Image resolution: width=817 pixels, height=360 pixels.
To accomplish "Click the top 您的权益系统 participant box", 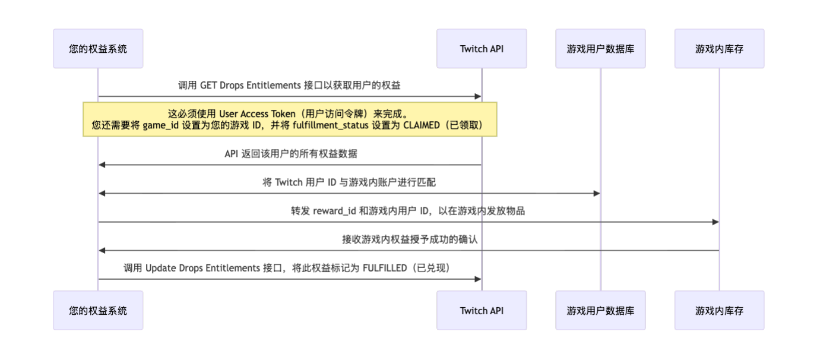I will [x=98, y=49].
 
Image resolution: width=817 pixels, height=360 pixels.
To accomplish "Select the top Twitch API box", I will [x=482, y=49].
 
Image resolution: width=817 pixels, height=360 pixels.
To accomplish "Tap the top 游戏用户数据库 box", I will [x=600, y=49].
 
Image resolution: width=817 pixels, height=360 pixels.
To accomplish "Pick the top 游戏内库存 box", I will [x=719, y=49].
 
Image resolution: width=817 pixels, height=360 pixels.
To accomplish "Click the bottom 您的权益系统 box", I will [x=98, y=310].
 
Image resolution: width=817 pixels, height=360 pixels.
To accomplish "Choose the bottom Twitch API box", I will [x=482, y=310].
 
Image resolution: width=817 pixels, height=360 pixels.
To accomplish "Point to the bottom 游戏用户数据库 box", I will [x=600, y=310].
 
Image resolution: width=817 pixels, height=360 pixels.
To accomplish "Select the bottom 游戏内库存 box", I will [x=719, y=310].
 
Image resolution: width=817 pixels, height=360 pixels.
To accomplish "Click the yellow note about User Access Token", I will [x=290, y=119].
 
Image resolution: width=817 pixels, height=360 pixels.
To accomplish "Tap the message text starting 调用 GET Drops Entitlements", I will [x=290, y=86].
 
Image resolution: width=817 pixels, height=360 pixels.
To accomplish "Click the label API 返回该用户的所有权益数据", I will [x=290, y=154].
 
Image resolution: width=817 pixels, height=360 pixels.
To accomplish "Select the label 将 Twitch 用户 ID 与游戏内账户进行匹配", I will [x=349, y=182].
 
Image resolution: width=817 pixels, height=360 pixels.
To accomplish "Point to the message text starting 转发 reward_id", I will [x=408, y=211].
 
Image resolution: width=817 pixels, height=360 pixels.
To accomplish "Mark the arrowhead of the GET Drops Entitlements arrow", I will [x=478, y=96].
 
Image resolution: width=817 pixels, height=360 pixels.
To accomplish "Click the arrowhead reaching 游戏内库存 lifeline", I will [x=715, y=222].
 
